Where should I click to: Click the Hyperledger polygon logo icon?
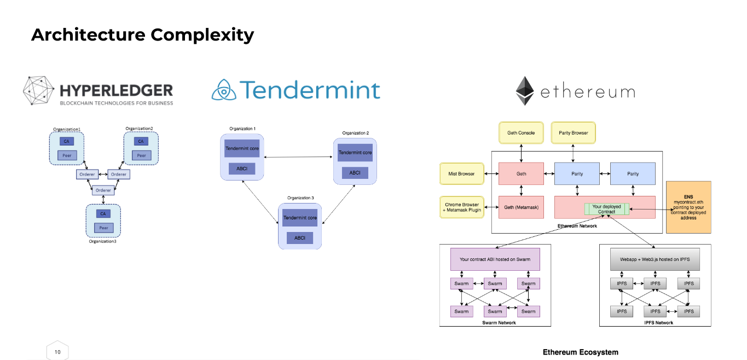[x=39, y=91]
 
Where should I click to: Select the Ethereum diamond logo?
[x=525, y=91]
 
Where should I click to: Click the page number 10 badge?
[x=57, y=352]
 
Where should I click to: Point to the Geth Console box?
[x=521, y=133]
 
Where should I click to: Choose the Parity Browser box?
[x=572, y=133]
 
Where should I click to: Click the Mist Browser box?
[x=462, y=174]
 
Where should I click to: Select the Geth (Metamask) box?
[x=521, y=207]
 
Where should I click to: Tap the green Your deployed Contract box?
[x=606, y=209]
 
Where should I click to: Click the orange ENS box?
[x=688, y=207]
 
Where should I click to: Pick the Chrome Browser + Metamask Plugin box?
[x=462, y=207]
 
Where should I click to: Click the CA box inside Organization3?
[x=103, y=214]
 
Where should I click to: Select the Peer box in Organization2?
[x=141, y=155]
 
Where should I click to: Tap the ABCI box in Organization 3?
[x=300, y=238]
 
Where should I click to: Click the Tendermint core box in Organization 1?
[x=242, y=148]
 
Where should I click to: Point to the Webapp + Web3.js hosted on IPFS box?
[x=655, y=259]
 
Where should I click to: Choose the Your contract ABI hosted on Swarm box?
[x=495, y=259]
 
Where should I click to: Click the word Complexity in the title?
[x=202, y=35]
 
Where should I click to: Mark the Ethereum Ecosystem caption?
[x=580, y=352]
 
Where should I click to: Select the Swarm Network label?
[x=495, y=323]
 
